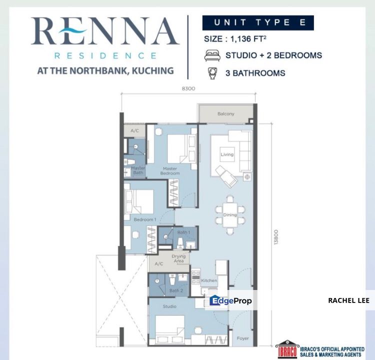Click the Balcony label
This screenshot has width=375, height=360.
[225, 114]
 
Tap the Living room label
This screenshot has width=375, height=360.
[227, 154]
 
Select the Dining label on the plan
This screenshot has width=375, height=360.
[229, 215]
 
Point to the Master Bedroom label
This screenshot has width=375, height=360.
[169, 171]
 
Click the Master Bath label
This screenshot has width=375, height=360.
[138, 170]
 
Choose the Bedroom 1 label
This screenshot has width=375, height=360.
[145, 219]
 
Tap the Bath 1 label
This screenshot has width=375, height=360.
[183, 232]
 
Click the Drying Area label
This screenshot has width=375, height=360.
[178, 258]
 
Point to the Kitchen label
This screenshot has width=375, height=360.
[209, 280]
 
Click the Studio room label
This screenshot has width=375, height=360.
[169, 306]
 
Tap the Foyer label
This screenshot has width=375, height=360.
[243, 338]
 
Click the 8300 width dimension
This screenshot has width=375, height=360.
[188, 88]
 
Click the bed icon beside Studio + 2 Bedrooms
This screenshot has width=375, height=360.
[212, 55]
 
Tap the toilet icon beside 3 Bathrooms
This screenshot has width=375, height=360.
[212, 73]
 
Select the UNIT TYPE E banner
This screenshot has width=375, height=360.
[257, 22]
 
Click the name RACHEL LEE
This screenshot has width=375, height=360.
[348, 300]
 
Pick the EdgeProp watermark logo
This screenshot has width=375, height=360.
[231, 300]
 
